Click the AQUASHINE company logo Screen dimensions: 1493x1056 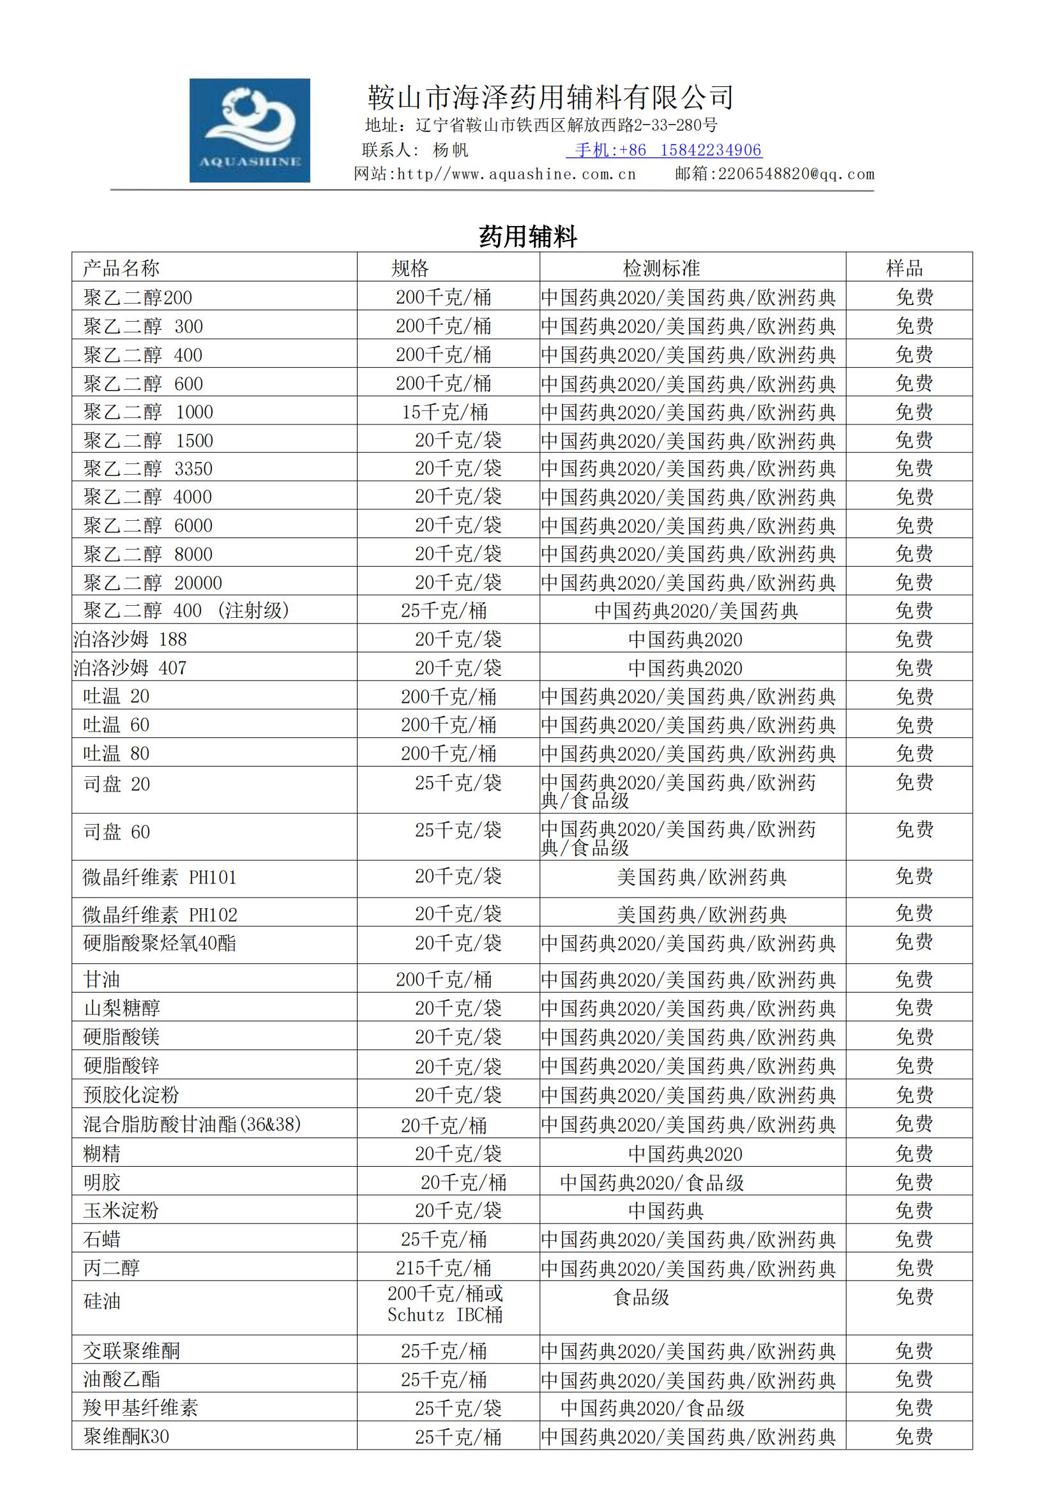(x=250, y=130)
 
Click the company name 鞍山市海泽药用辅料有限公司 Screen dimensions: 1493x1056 (x=550, y=98)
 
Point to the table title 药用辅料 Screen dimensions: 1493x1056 (x=528, y=236)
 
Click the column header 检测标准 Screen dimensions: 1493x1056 (x=661, y=268)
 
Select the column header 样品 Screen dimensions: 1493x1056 (x=904, y=268)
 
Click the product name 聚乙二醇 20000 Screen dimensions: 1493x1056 (x=153, y=583)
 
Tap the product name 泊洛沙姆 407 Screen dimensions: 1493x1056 (x=130, y=668)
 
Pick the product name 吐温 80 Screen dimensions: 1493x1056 (x=116, y=754)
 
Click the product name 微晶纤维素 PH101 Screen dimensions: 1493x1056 (x=160, y=878)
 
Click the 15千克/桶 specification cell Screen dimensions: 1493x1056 (x=445, y=412)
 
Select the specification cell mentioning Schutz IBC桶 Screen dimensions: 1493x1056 (x=446, y=1305)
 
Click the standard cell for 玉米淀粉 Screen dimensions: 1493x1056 (x=667, y=1211)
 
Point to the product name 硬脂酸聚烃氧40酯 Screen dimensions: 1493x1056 (x=160, y=943)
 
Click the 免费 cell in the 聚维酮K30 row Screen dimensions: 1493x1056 (x=914, y=1436)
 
